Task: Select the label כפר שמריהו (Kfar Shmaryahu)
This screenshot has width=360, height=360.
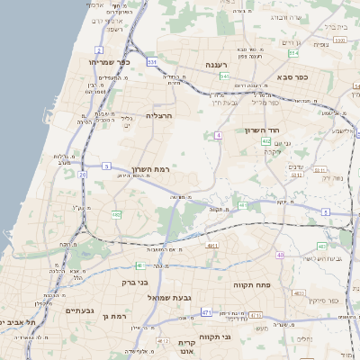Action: (x=112, y=62)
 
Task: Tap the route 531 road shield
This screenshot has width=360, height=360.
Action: (x=153, y=62)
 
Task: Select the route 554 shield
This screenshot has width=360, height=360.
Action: (x=223, y=76)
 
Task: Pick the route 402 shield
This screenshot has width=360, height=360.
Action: (x=266, y=141)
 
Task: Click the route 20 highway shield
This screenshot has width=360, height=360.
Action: (x=83, y=174)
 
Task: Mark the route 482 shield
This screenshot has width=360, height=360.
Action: (x=117, y=214)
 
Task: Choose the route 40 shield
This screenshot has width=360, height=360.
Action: (x=281, y=256)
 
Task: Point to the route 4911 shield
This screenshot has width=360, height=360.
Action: (x=212, y=245)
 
